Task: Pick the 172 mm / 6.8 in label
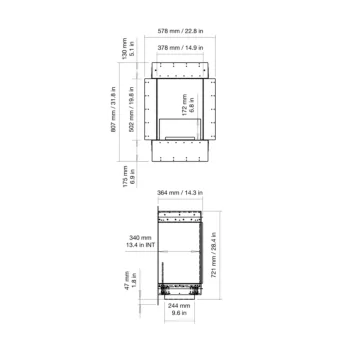pos(186,103)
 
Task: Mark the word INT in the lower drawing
pos(149,246)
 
